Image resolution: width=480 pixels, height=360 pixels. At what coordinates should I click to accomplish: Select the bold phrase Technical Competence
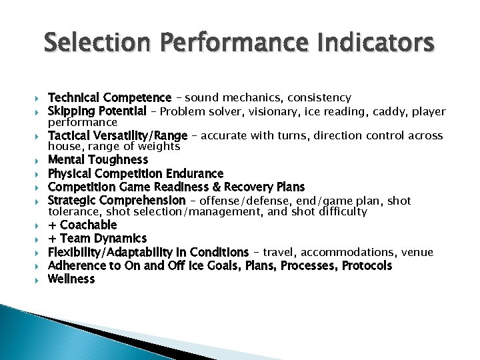[109, 98]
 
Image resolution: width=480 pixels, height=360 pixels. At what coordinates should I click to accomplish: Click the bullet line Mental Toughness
[98, 160]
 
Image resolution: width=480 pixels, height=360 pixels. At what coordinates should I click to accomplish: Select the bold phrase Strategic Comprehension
[117, 200]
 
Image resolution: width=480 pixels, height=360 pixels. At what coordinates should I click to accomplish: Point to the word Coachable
[89, 225]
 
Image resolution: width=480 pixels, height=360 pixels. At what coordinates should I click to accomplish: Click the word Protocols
[367, 265]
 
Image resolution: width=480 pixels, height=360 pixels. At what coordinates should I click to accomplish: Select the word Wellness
[71, 279]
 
